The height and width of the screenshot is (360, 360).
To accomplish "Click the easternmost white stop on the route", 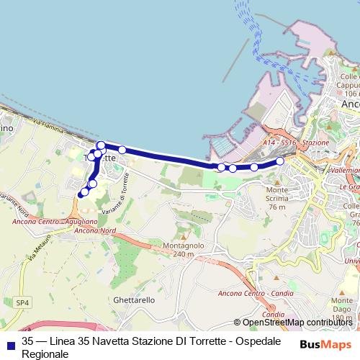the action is tap(279, 161).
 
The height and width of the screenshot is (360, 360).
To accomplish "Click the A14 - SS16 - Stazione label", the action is tap(295, 143).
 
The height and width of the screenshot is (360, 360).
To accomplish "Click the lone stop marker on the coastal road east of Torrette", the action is tap(122, 150).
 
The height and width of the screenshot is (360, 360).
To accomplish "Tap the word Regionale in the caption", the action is tap(45, 354).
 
